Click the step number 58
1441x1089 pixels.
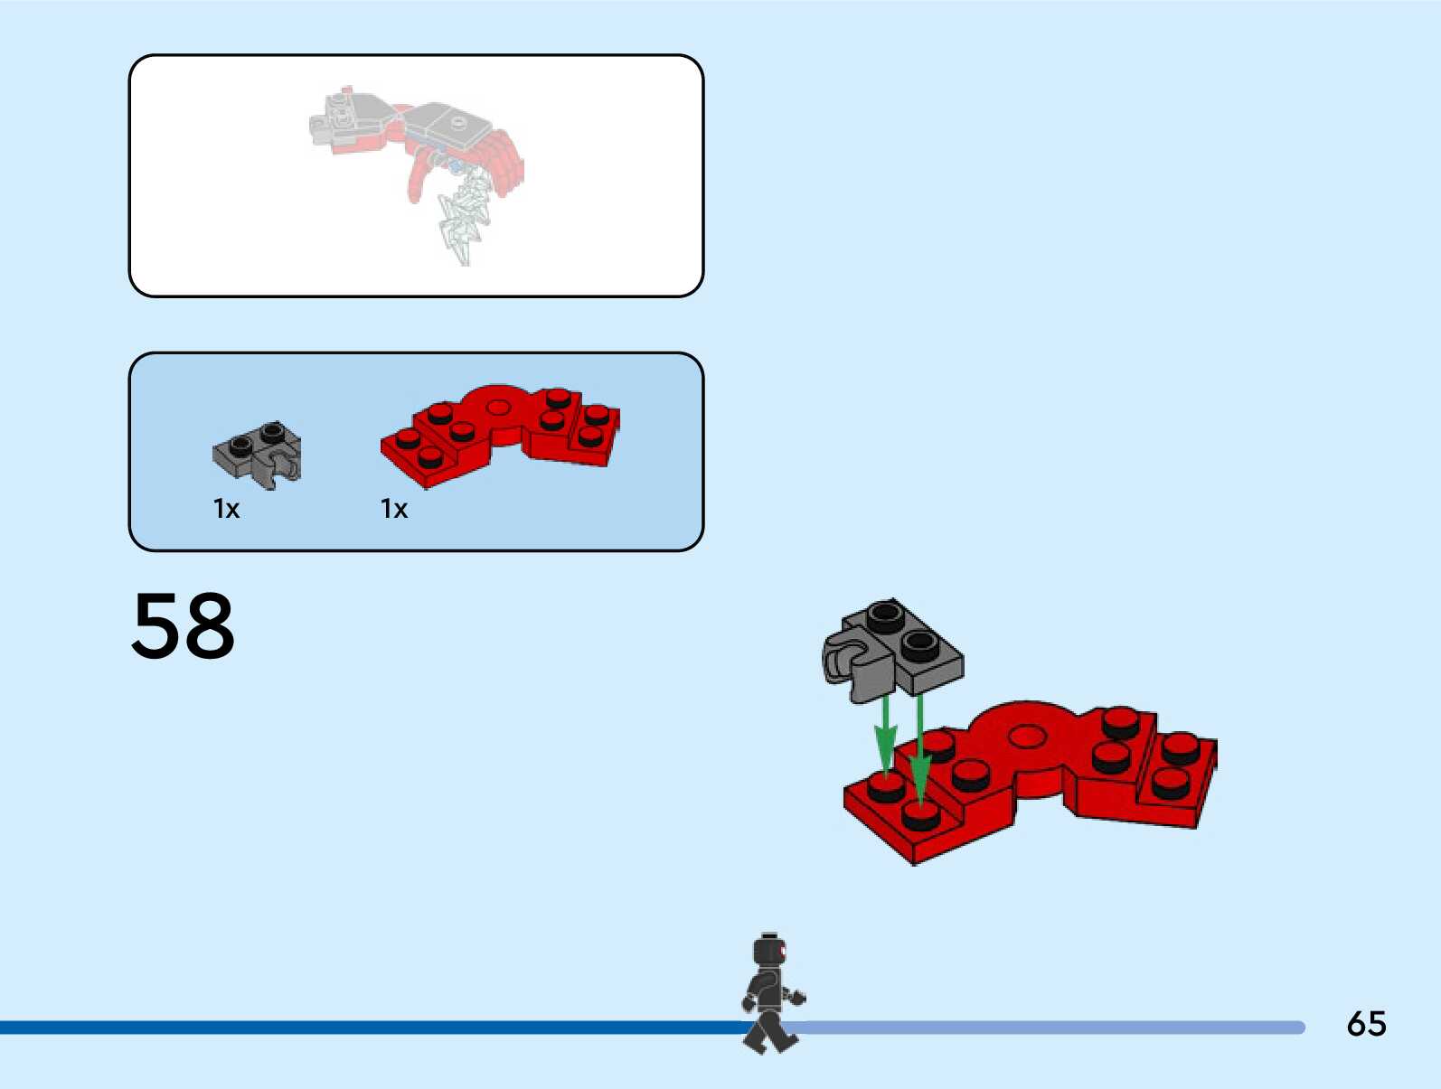pyautogui.click(x=184, y=625)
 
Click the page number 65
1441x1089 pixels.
pyautogui.click(x=1366, y=1024)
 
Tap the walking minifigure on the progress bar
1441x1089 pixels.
pyautogui.click(x=771, y=994)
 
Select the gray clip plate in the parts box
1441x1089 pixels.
pyautogui.click(x=258, y=452)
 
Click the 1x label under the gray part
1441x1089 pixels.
pyautogui.click(x=226, y=509)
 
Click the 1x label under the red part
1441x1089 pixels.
pyautogui.click(x=394, y=509)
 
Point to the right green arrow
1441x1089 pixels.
pyautogui.click(x=919, y=746)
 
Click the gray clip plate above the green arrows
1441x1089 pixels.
pyautogui.click(x=895, y=646)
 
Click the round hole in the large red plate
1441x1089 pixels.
pyautogui.click(x=1026, y=737)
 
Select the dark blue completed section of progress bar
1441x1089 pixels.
pyautogui.click(x=362, y=1028)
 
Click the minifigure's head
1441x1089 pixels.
pyautogui.click(x=769, y=952)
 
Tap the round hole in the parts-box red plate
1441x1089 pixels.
pyautogui.click(x=496, y=407)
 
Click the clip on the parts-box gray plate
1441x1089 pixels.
pyautogui.click(x=285, y=468)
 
